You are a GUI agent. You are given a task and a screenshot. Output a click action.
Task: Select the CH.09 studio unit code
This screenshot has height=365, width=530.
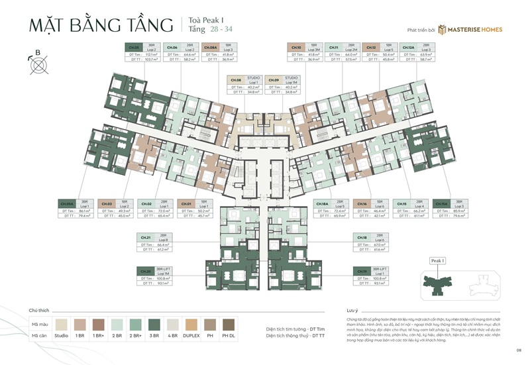coord(274,80)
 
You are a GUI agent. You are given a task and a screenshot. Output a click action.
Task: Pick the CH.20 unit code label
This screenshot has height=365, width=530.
coord(145,270)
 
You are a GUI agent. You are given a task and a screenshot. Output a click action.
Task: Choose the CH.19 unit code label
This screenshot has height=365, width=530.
coord(362,270)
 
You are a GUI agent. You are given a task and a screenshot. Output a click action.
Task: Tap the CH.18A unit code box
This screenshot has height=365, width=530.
coord(323,203)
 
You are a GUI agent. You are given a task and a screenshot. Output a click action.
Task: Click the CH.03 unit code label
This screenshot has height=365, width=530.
coord(106,203)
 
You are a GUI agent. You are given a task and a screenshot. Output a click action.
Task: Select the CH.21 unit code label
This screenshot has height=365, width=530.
coord(145,236)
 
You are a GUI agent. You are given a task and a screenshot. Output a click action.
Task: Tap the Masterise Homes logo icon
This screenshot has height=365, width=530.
coord(441,29)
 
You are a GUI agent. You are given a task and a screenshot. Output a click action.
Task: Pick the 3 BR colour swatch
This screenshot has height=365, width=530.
coord(152,324)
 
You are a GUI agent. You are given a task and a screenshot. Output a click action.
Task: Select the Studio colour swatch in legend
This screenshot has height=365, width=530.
coord(62,324)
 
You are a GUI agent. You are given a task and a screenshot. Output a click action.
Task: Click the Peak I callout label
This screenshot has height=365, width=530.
coord(437,261)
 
